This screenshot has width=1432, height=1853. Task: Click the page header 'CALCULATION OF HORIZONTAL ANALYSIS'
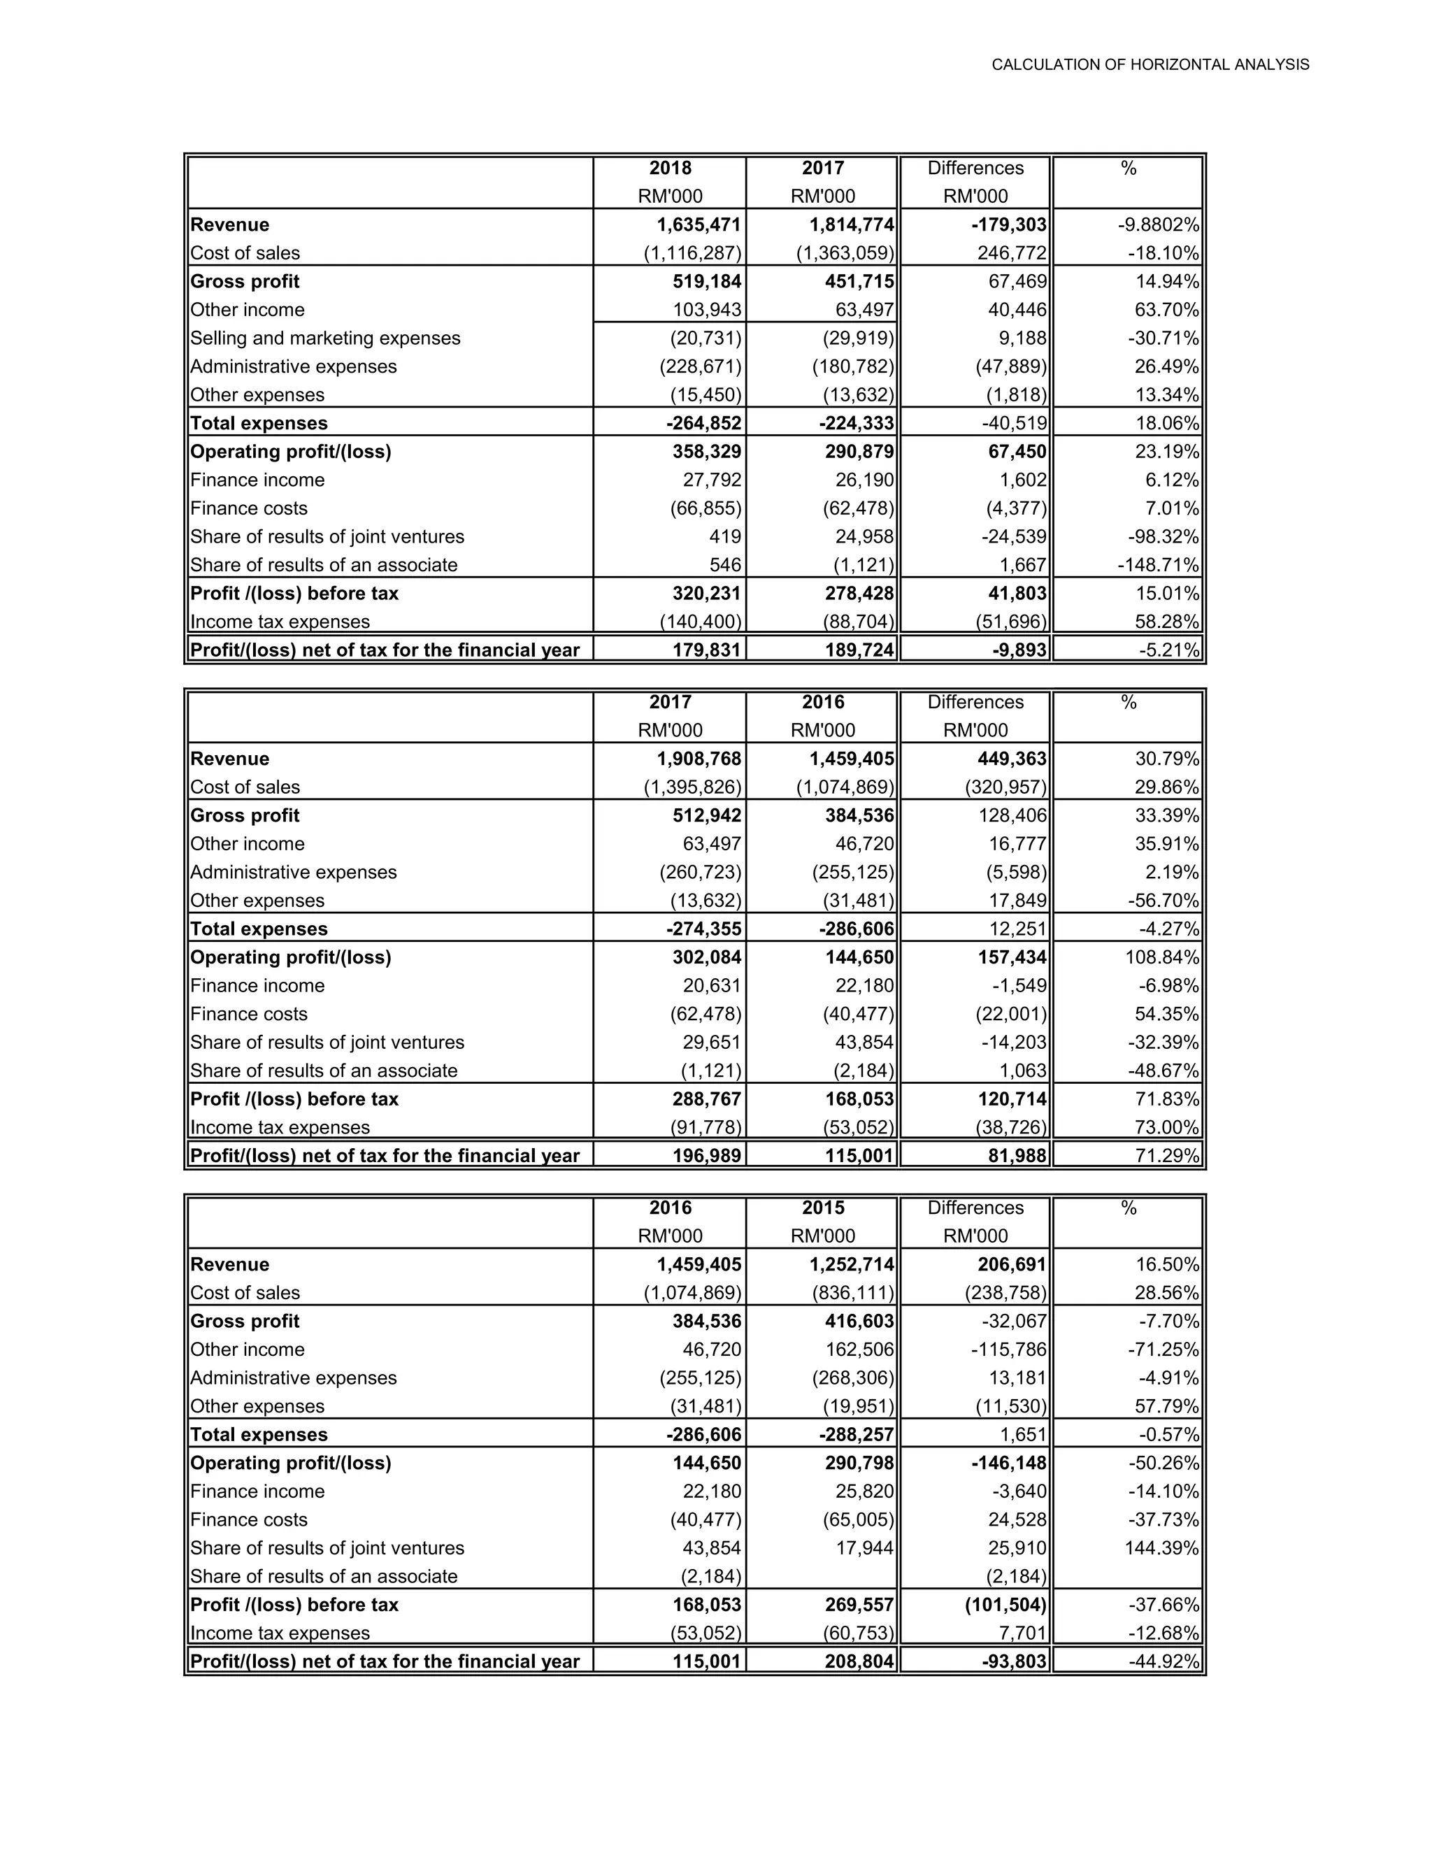[1150, 64]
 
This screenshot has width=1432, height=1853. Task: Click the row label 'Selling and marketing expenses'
[325, 338]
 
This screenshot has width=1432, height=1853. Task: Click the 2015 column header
[822, 1208]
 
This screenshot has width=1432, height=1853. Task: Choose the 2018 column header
[670, 168]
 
